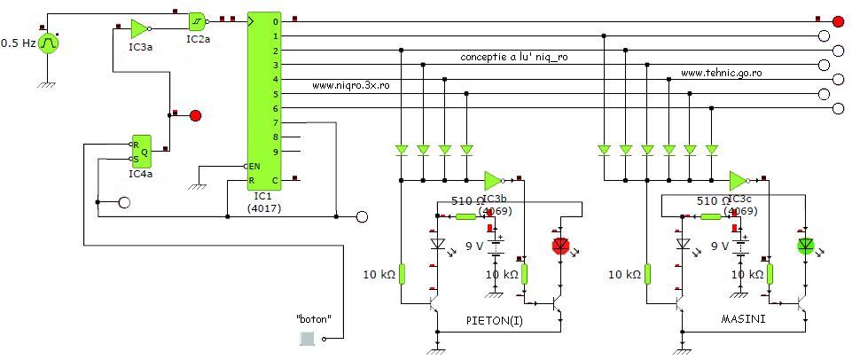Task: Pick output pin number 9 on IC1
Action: click(276, 152)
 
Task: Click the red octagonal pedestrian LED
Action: click(559, 245)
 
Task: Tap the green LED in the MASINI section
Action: click(805, 245)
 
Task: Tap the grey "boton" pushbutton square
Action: click(307, 338)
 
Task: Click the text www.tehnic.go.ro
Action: click(723, 73)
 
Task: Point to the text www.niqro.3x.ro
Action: click(352, 86)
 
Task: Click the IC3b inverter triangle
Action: click(493, 180)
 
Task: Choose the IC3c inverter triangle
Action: click(737, 180)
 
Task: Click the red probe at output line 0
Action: click(837, 20)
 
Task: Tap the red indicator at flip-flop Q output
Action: click(196, 115)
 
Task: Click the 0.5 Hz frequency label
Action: click(18, 43)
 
